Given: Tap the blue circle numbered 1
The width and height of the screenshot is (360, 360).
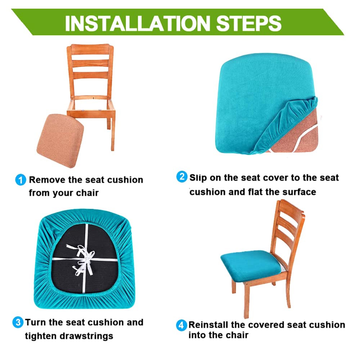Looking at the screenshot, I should (x=21, y=179).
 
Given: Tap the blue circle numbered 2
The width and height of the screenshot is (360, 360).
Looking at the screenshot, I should (x=182, y=177).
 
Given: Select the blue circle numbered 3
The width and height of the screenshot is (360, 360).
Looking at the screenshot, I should (x=18, y=321).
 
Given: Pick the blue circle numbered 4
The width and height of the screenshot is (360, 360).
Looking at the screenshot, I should (x=182, y=325).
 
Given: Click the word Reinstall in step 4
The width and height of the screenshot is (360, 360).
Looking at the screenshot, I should (x=208, y=325).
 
